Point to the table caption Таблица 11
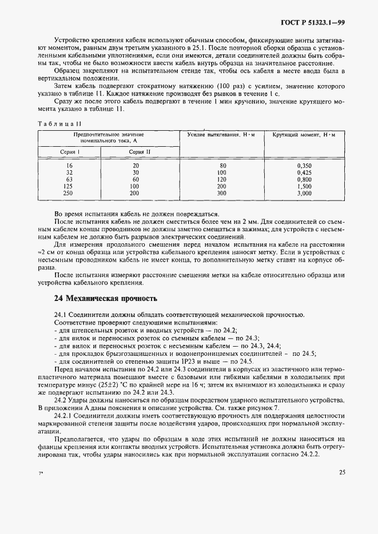(60, 123)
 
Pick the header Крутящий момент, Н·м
(304, 134)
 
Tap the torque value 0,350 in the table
(304, 165)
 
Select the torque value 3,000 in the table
(304, 194)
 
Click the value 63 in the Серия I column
(69, 179)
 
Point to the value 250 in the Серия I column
(69, 194)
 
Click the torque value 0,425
(304, 172)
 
